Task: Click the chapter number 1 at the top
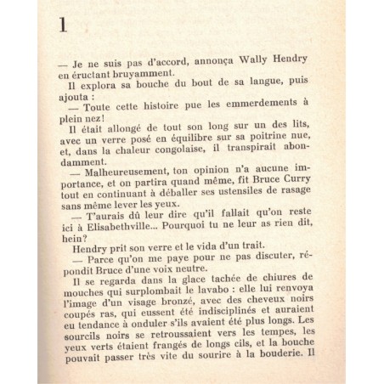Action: (63, 25)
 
